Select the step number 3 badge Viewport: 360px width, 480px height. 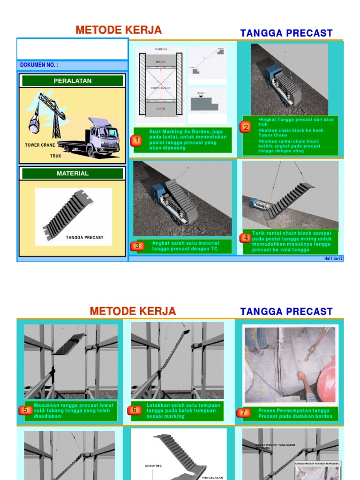(137, 246)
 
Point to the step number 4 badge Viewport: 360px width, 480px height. (246, 238)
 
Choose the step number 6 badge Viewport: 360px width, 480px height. (134, 410)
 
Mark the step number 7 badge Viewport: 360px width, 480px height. (243, 412)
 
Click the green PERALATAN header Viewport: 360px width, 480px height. (73, 81)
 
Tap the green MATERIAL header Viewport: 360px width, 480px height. (73, 173)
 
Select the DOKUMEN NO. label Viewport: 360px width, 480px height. (39, 65)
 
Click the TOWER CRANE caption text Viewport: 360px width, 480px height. (40, 145)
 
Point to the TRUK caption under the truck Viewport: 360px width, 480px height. (56, 156)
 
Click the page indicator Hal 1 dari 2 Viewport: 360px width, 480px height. (333, 258)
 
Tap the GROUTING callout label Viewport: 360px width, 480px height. (153, 466)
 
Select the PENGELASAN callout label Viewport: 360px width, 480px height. (212, 478)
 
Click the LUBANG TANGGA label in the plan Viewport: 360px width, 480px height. (160, 88)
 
